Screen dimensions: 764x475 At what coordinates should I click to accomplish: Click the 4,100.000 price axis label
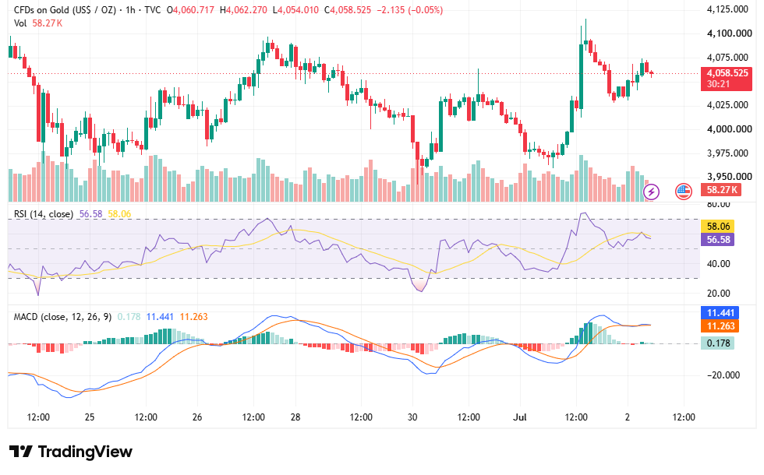click(x=730, y=33)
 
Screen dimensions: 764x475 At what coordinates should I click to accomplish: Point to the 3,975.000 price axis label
click(x=727, y=153)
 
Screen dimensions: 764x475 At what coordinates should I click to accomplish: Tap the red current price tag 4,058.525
click(x=727, y=73)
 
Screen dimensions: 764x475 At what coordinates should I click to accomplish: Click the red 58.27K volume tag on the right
click(x=721, y=190)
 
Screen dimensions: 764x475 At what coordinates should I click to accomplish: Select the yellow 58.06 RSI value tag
click(x=718, y=227)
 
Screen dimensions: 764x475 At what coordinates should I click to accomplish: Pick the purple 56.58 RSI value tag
click(x=718, y=240)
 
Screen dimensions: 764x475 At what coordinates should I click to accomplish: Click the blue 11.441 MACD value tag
click(x=720, y=313)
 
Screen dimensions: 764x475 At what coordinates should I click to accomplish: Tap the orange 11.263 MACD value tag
click(x=720, y=326)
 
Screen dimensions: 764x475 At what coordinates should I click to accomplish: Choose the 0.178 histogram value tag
click(x=718, y=343)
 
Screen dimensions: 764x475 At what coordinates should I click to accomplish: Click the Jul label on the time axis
click(x=521, y=417)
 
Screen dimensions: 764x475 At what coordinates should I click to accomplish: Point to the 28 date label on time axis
click(x=295, y=417)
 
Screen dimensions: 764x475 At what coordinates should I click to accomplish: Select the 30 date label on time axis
click(x=412, y=417)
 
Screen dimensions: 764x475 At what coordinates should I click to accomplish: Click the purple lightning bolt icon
click(x=652, y=192)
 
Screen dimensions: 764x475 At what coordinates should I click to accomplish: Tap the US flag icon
click(x=684, y=192)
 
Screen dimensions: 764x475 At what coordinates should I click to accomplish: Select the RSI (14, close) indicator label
click(x=44, y=214)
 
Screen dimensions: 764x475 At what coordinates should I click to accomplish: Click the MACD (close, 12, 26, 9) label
click(x=62, y=317)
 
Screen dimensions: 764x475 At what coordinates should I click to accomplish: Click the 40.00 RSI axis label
click(x=719, y=264)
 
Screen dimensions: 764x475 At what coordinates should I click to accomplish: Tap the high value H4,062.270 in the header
click(x=243, y=9)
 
